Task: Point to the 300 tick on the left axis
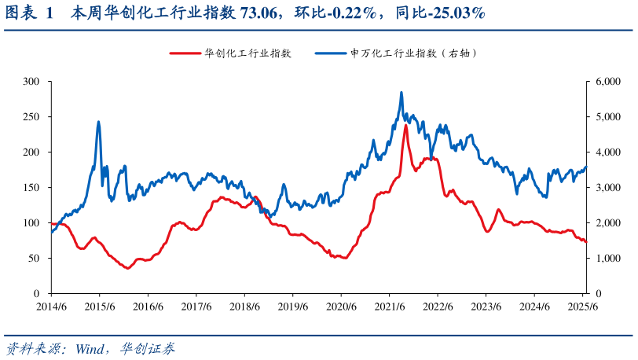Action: [x=31, y=82]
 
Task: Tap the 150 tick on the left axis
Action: [x=31, y=188]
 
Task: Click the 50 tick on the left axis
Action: [x=34, y=259]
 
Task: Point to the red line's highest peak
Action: [x=405, y=125]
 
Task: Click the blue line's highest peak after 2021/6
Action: [x=401, y=93]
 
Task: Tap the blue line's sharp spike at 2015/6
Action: [x=98, y=122]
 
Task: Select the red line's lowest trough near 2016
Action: [x=127, y=268]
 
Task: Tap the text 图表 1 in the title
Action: [x=28, y=13]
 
